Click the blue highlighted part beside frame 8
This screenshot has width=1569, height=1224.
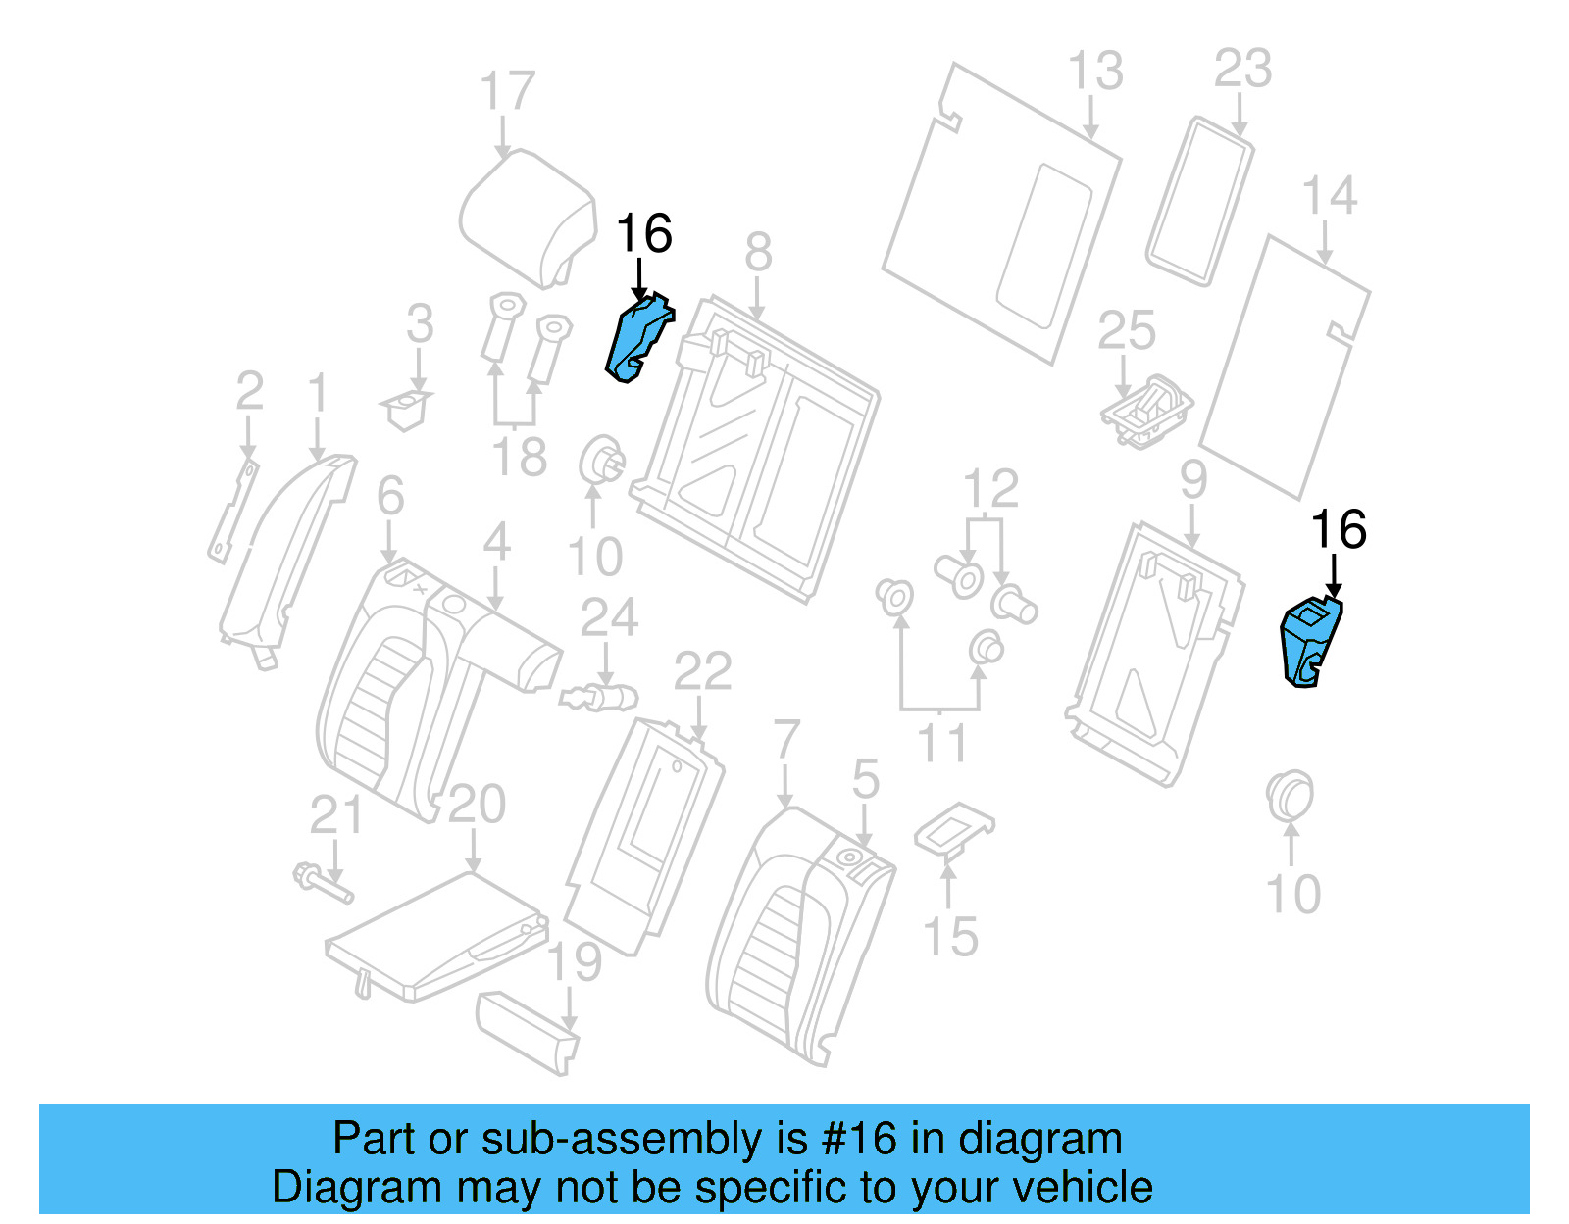coord(637,338)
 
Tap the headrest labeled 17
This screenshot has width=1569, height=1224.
coord(527,216)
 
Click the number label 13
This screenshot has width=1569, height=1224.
coord(1094,72)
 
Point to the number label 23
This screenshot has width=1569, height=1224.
coord(1242,70)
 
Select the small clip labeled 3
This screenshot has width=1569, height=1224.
coord(406,410)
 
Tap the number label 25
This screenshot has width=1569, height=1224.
coord(1126,331)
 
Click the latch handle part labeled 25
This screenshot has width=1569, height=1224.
coord(1147,410)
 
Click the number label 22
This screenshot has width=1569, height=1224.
coord(702,672)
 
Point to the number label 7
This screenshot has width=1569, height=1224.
coord(785,740)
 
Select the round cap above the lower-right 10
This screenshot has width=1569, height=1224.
coord(1289,796)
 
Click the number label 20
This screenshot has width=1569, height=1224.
coord(477,806)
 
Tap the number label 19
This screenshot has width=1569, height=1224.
coord(574,962)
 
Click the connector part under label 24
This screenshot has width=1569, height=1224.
coord(599,699)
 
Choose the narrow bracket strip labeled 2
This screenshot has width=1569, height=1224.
coord(233,510)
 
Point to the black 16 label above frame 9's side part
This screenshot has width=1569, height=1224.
coord(1338,530)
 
